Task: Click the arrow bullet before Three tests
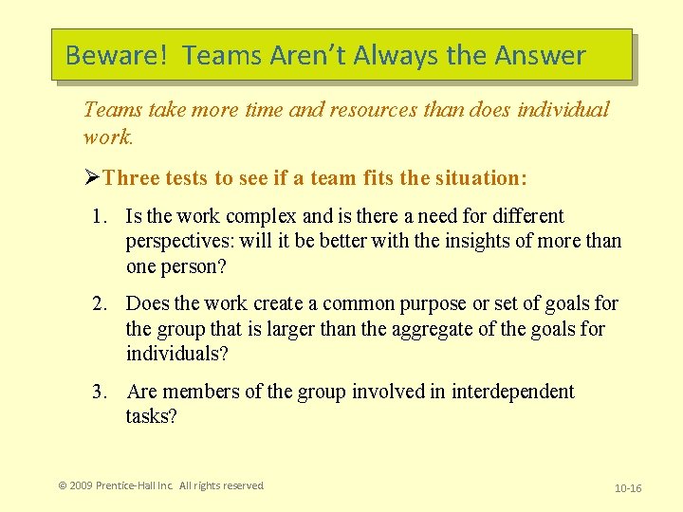pyautogui.click(x=92, y=178)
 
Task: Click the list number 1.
pyautogui.click(x=99, y=217)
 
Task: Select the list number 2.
pyautogui.click(x=99, y=304)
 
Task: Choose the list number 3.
pyautogui.click(x=99, y=393)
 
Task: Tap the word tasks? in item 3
pyautogui.click(x=151, y=417)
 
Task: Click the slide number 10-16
pyautogui.click(x=628, y=488)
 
